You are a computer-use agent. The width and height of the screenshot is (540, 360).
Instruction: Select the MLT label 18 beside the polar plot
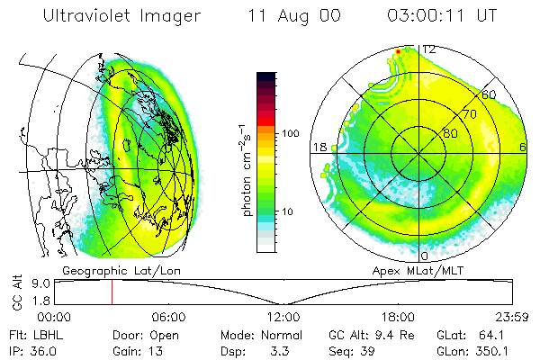[319, 147]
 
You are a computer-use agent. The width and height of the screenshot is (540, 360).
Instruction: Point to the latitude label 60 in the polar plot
[490, 94]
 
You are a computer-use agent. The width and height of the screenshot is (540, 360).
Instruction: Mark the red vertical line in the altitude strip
[112, 292]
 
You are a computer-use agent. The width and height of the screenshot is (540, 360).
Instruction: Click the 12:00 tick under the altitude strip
[283, 317]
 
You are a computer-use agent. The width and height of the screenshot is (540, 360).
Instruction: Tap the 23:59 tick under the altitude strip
[508, 317]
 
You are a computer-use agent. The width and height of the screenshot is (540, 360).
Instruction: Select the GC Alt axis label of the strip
[16, 292]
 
